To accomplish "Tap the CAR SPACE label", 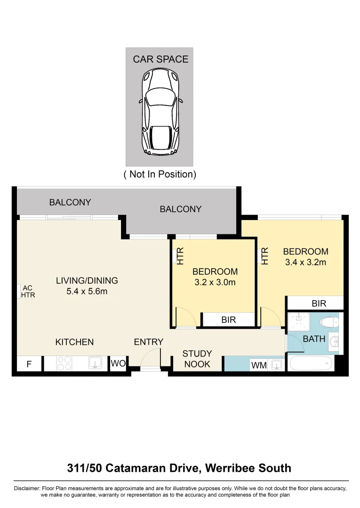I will (160, 59).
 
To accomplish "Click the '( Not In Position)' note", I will (160, 174).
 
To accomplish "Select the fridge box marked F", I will (29, 364).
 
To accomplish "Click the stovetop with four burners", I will (64, 363).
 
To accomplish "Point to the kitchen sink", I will (96, 363).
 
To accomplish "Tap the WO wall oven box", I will (118, 363).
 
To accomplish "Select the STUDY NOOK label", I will (197, 358).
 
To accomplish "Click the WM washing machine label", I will (258, 365).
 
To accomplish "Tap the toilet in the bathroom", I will (328, 322).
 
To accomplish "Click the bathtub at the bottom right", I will (310, 364).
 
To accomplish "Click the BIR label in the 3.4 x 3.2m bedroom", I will (319, 304).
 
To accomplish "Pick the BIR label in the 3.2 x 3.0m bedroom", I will (228, 320).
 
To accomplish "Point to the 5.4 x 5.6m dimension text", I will (87, 292).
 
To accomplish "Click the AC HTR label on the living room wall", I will (28, 292).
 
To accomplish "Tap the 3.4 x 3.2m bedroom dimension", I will (305, 262).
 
